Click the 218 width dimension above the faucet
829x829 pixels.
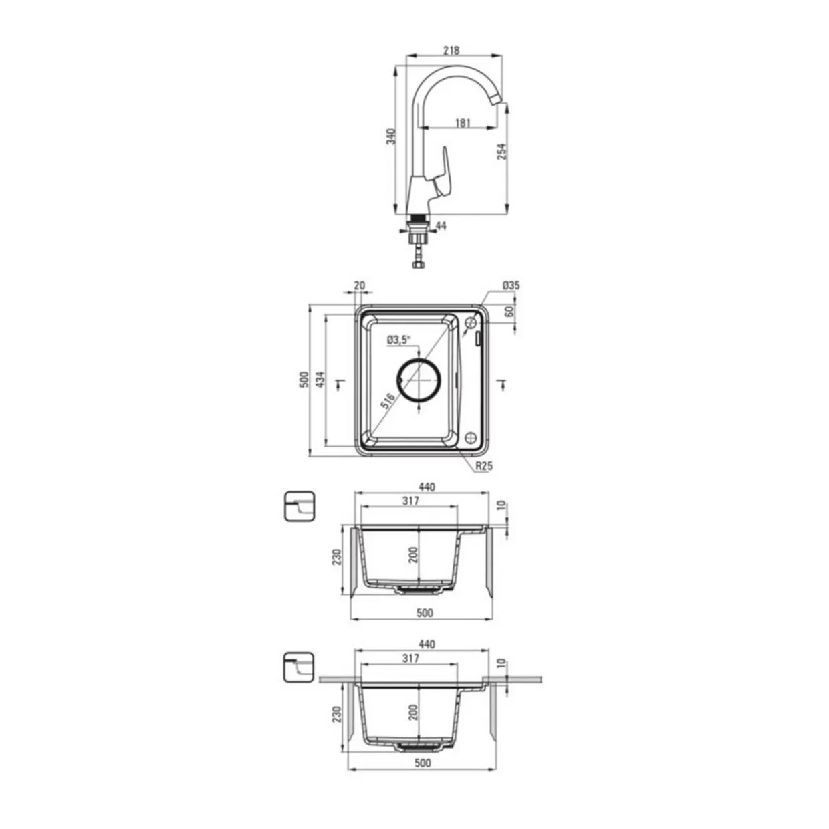[x=452, y=51]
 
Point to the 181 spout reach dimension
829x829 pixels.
[x=463, y=123]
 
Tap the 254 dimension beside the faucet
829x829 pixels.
[x=502, y=152]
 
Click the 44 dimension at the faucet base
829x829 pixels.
[x=441, y=225]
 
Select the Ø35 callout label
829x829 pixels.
[x=511, y=285]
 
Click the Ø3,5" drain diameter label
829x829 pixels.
[x=399, y=340]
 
